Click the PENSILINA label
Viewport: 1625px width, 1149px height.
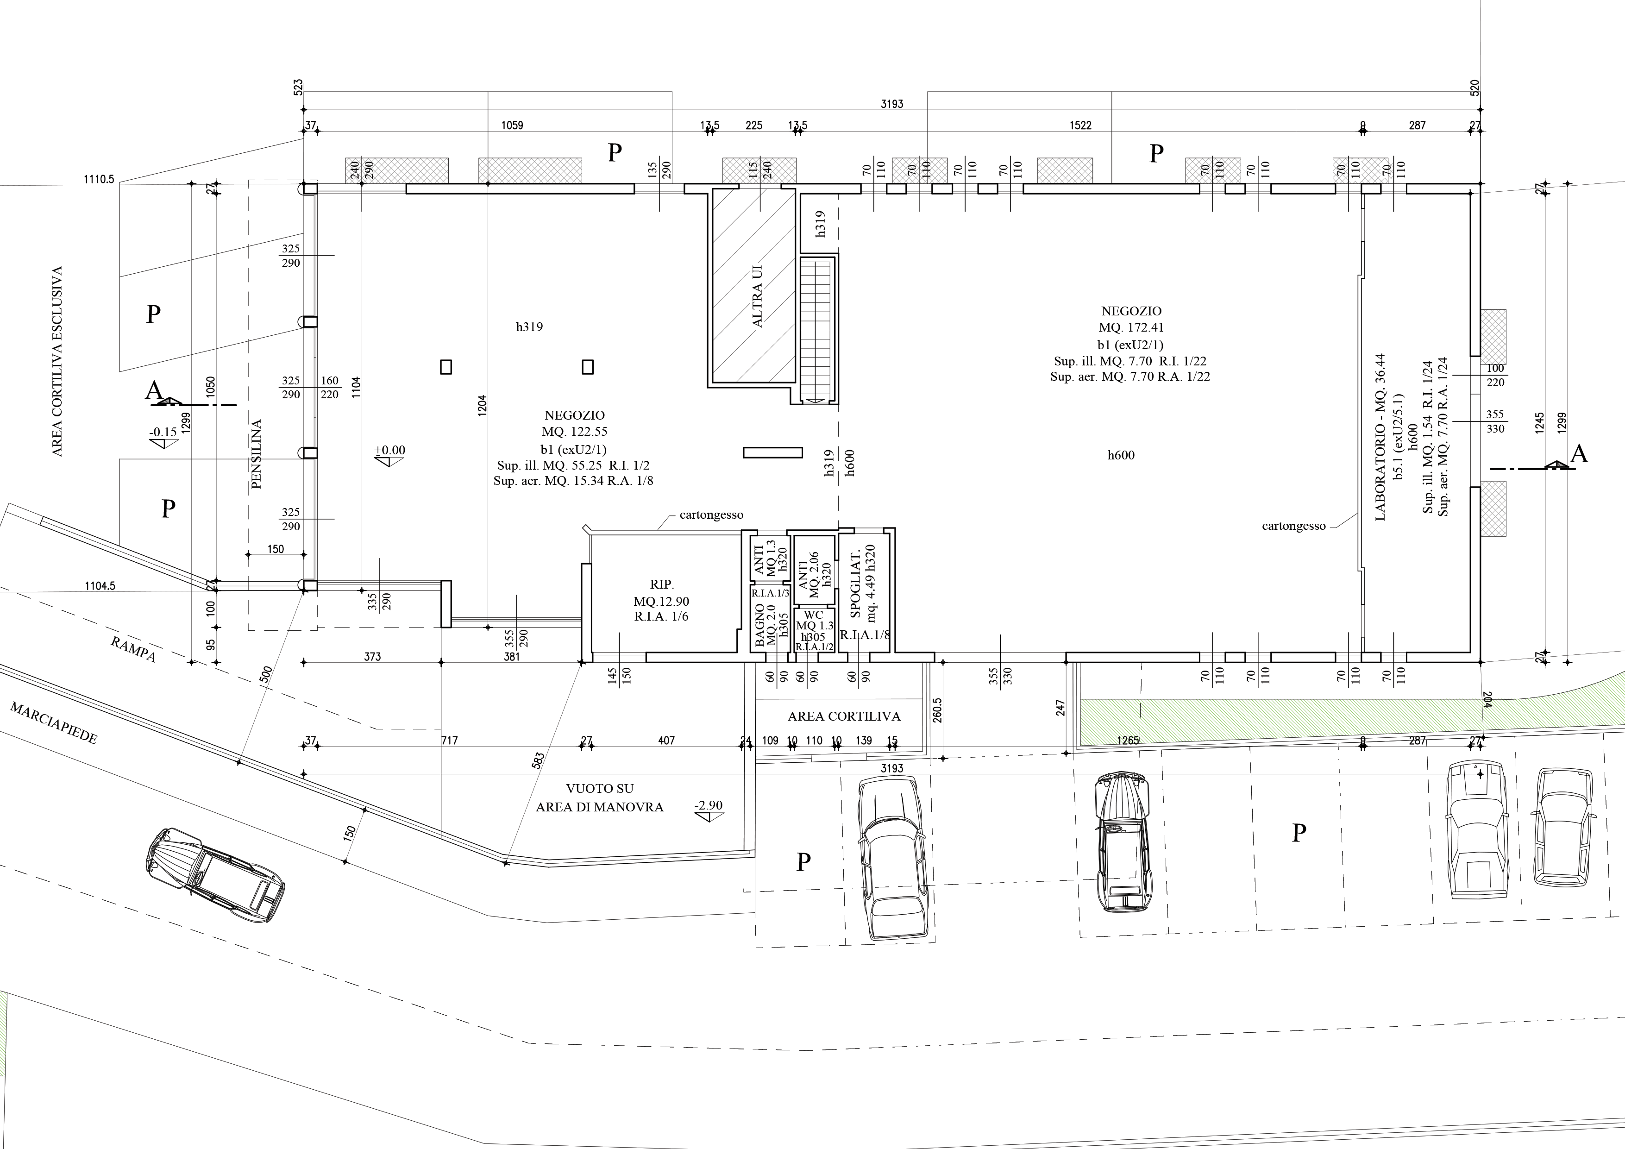click(x=256, y=454)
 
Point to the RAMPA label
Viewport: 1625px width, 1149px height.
click(x=133, y=648)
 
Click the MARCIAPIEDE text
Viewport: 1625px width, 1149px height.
click(x=54, y=723)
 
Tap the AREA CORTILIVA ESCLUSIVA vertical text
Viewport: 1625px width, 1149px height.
click(x=57, y=361)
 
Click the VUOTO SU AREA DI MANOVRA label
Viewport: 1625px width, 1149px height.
click(x=599, y=797)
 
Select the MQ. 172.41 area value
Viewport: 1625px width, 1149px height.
click(x=1131, y=328)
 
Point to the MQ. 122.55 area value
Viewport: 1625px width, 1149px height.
click(x=575, y=431)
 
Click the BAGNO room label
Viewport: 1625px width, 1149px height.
click(x=759, y=627)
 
